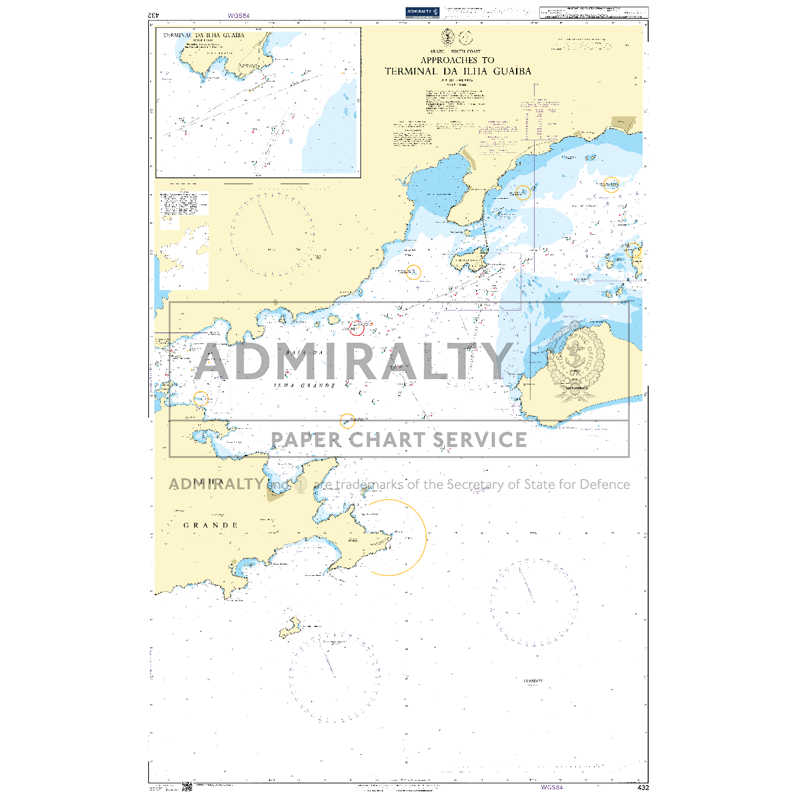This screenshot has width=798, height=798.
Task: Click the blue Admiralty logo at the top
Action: pos(422,12)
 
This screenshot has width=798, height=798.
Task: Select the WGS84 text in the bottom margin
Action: pos(551,787)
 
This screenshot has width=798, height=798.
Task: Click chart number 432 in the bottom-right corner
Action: pos(642,787)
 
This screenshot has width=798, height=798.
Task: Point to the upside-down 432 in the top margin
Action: pos(153,15)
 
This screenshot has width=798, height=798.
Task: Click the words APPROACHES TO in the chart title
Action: pos(458,60)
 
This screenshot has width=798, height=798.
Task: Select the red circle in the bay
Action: pos(357,328)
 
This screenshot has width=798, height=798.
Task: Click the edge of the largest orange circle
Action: pos(426,537)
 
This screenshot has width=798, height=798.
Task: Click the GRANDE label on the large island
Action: pos(211,525)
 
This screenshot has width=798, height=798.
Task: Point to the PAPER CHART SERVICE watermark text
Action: pos(399,440)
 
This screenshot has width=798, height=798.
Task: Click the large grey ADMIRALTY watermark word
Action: pos(352,362)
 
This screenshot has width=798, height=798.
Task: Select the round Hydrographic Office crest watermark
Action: pos(577,362)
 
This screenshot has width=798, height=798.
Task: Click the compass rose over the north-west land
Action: pos(272,234)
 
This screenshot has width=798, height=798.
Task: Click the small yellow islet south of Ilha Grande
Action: pos(290,626)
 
